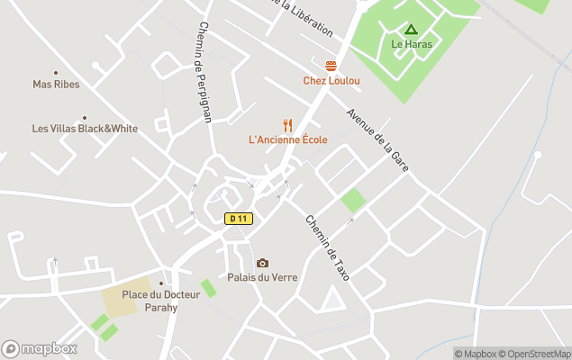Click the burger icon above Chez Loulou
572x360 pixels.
coord(331,66)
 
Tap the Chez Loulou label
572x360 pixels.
coord(331,81)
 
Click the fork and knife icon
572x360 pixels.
coord(288,125)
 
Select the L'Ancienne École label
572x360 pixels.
coord(288,140)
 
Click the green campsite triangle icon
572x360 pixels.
coord(411,30)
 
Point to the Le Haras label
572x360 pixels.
coord(411,44)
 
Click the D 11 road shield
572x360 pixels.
coord(239,219)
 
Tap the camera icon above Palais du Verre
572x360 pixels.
coord(262,263)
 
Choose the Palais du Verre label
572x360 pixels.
coord(262,277)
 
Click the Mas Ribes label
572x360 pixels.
coord(56,85)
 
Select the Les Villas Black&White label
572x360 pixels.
coord(85,129)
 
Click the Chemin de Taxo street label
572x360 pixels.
coord(327,247)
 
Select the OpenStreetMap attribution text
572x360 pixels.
coord(537,354)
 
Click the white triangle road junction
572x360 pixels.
coord(332,300)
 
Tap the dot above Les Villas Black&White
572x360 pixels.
coord(85,117)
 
